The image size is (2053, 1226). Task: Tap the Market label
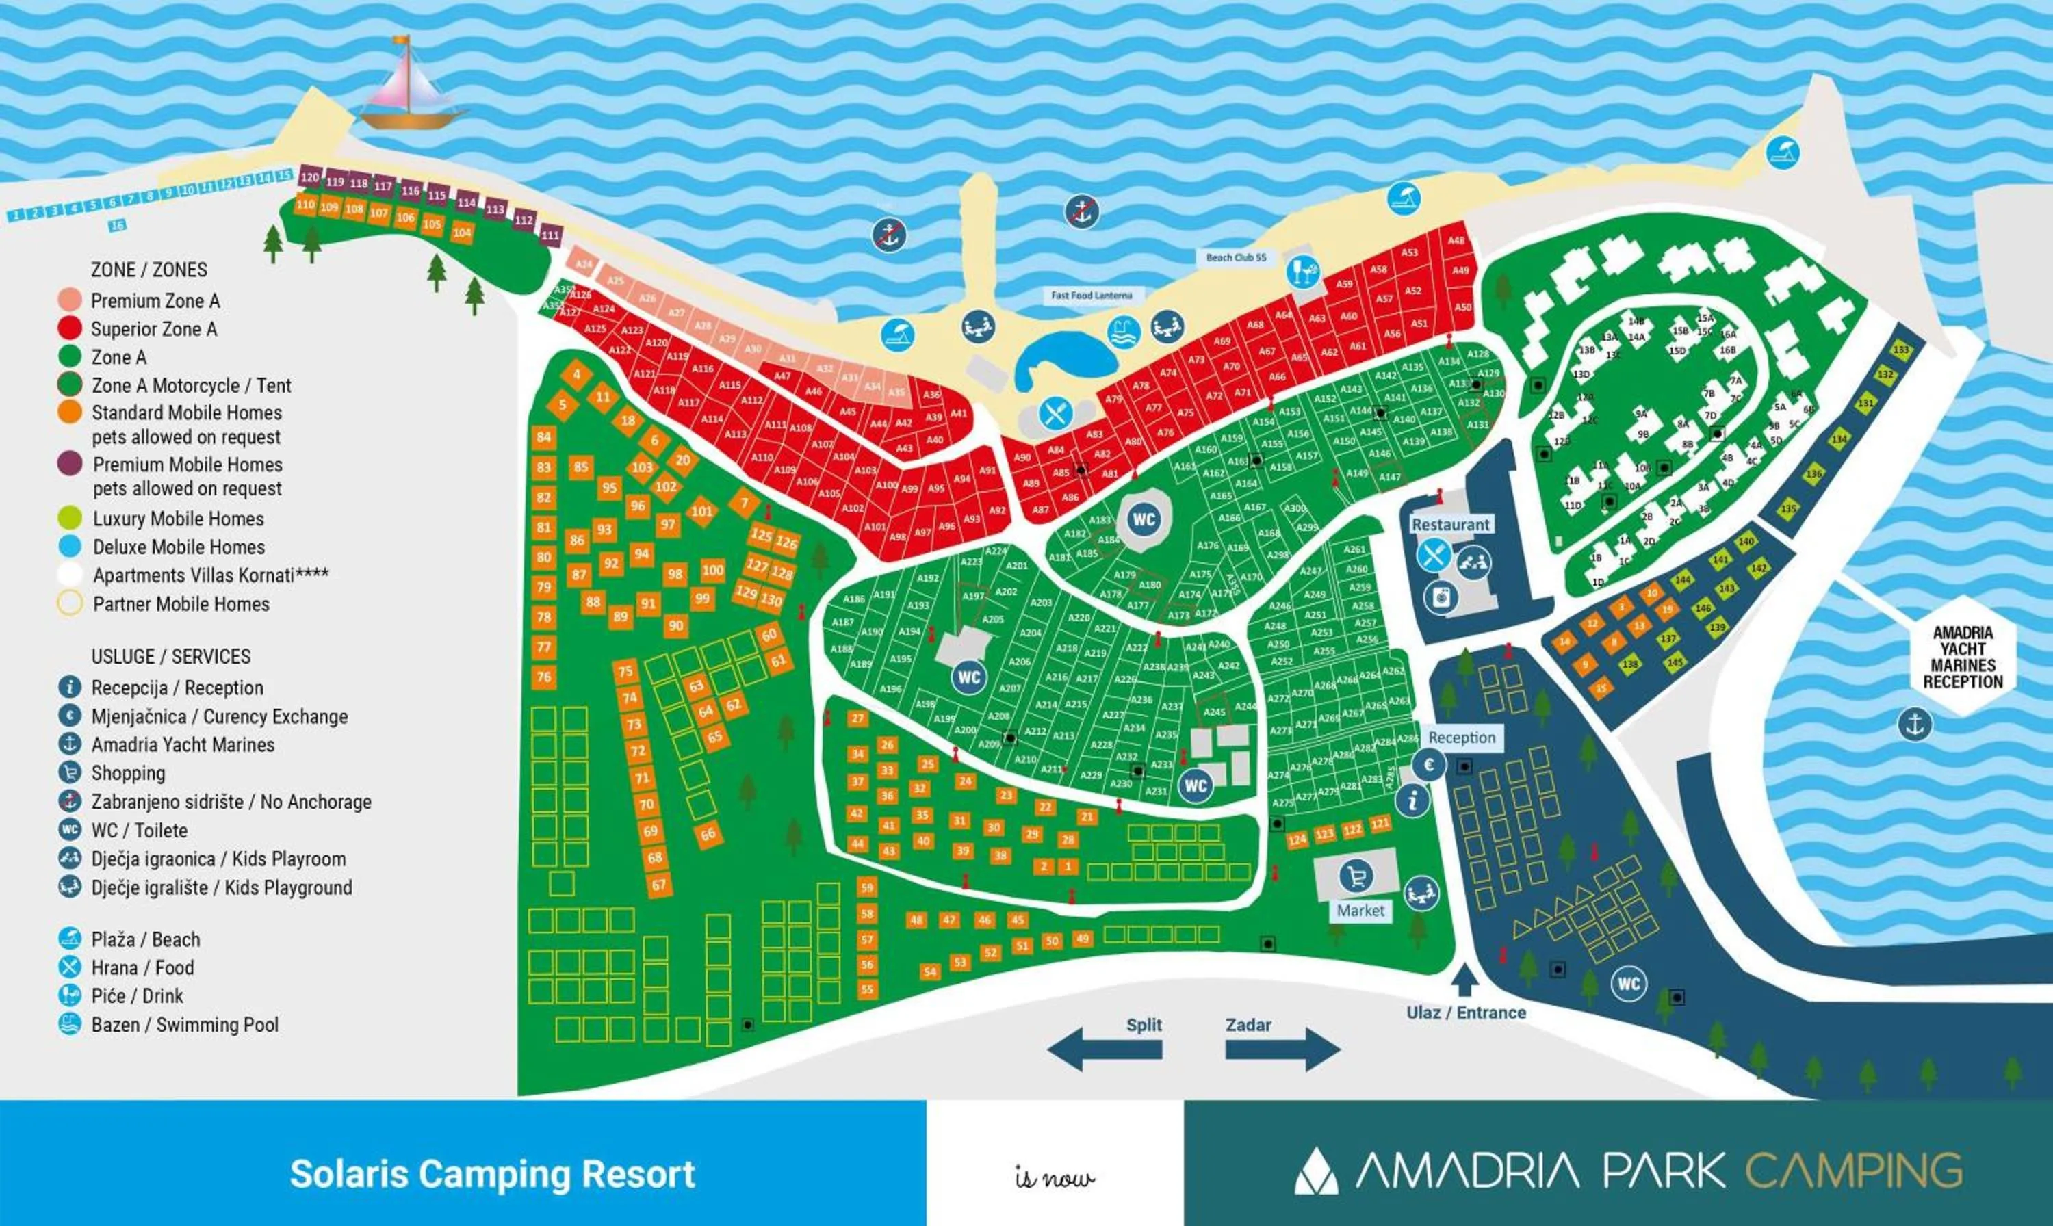[1360, 911]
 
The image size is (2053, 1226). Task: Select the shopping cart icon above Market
[1356, 876]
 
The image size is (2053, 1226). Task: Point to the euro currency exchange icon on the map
[1428, 764]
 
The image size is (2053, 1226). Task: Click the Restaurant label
[1451, 525]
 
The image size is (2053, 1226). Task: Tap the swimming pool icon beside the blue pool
[1123, 333]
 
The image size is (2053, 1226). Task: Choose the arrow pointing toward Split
[1105, 1050]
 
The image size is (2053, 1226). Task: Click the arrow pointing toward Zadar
[1282, 1050]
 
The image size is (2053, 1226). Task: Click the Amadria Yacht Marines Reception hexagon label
[1962, 657]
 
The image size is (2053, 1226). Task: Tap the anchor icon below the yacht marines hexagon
[1914, 725]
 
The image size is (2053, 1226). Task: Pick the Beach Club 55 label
[1236, 258]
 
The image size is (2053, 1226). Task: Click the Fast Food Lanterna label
[1092, 295]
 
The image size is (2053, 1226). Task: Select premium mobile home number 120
[310, 178]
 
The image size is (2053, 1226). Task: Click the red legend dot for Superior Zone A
[70, 329]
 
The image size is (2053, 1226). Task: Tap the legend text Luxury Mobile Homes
[179, 519]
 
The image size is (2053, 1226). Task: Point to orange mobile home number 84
[543, 438]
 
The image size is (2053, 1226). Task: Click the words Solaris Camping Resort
[493, 1174]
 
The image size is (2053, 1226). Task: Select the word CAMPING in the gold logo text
[1854, 1171]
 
